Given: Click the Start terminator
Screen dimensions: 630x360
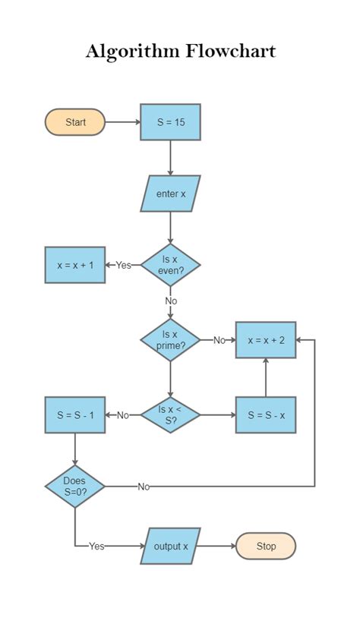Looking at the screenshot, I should [x=75, y=122].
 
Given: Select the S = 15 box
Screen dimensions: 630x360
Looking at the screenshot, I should [x=170, y=122].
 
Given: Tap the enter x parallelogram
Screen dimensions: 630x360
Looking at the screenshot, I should [x=170, y=194].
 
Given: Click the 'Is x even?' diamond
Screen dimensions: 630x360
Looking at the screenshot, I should [x=170, y=265].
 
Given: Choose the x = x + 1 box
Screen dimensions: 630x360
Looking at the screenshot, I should [x=75, y=265].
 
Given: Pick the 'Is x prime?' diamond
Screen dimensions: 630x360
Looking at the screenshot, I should [x=170, y=339].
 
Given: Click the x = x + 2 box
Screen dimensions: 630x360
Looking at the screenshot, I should [x=265, y=340].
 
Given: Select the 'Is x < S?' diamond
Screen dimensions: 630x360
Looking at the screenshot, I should [x=170, y=414].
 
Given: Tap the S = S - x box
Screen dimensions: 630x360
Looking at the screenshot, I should [x=265, y=414].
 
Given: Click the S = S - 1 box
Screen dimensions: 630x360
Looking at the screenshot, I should [x=75, y=414].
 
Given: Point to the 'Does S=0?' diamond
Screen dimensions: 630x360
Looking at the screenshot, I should [x=75, y=486].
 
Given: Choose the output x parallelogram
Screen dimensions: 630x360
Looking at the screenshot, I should [x=170, y=546].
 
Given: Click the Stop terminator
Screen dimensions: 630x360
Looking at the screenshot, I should [x=265, y=546].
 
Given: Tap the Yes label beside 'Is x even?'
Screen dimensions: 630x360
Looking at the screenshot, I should [x=123, y=265].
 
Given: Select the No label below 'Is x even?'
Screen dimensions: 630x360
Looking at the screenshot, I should [x=170, y=301].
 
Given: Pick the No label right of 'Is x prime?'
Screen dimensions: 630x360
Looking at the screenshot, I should [x=219, y=340].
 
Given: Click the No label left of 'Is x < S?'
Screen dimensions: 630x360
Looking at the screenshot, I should [x=123, y=415].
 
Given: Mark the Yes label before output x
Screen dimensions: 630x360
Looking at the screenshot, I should [x=96, y=546].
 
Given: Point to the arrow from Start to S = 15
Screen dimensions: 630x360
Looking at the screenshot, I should [x=122, y=122].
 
